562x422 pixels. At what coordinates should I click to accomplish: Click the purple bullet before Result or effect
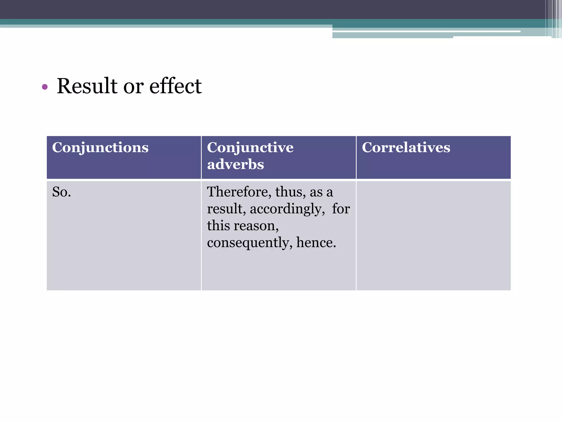45,87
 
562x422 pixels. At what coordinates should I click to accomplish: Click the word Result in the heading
87,86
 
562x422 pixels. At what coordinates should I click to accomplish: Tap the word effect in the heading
175,86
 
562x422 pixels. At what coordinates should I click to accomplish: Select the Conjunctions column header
100,148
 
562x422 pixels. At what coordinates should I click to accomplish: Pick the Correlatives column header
406,148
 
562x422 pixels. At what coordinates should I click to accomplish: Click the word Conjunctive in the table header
250,148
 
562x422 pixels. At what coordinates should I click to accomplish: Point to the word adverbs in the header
235,165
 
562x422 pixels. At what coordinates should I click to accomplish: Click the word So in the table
60,192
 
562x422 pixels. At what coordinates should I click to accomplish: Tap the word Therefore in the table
238,192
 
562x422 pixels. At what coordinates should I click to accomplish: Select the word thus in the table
290,192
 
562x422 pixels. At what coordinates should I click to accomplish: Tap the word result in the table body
226,209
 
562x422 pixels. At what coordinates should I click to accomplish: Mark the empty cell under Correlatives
433,235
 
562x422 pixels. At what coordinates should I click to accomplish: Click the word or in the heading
133,86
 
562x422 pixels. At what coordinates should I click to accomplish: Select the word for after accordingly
341,209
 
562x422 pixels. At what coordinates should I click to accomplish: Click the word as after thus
316,192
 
